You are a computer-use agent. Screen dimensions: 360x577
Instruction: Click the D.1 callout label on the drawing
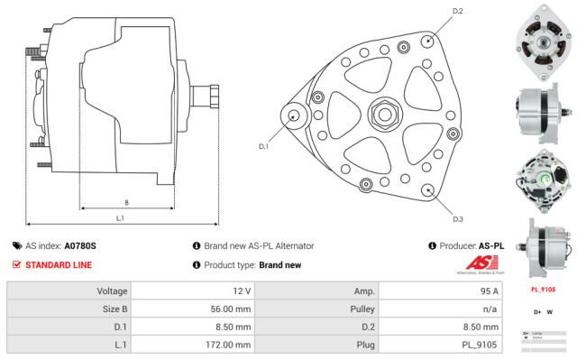coord(264,146)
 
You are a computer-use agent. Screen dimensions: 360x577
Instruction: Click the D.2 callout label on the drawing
coord(458,12)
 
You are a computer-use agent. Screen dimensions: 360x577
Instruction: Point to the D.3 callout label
coord(458,218)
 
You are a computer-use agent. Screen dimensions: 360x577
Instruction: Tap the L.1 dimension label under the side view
coord(120,218)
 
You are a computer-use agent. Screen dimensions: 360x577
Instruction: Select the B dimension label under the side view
coord(125,202)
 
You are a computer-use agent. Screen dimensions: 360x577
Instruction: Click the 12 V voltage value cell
coord(242,291)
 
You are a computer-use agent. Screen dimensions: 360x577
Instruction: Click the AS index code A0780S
coord(80,245)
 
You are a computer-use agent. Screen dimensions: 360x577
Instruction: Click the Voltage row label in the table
coord(105,291)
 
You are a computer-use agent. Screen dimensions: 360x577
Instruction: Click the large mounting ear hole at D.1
coord(295,116)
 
